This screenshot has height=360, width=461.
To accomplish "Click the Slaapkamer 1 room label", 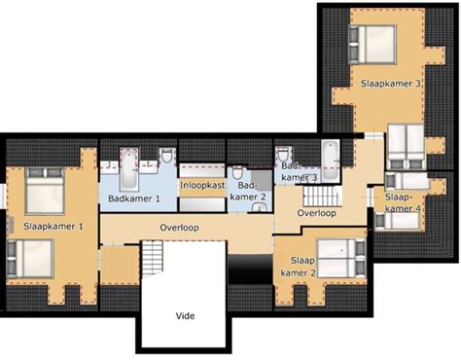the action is [x=53, y=226].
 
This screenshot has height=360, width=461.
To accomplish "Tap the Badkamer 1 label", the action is [x=134, y=198].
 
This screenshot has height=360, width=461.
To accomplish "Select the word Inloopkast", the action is [x=202, y=186].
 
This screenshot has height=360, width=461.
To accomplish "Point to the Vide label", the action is [x=185, y=315].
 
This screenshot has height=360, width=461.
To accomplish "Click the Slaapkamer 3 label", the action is [x=391, y=84].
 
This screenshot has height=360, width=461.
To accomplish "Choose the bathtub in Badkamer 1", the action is [x=129, y=169].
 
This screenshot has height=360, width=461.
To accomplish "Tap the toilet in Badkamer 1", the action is [x=167, y=156].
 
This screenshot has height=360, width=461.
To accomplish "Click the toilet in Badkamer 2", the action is [x=237, y=173].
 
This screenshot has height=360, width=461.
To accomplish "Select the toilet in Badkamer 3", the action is [x=283, y=154].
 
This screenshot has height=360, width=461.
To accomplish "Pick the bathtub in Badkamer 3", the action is [x=331, y=161].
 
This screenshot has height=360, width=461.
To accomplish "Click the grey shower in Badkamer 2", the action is [x=262, y=179].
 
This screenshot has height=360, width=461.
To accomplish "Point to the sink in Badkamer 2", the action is [x=259, y=207].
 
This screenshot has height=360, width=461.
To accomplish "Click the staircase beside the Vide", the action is [x=152, y=259].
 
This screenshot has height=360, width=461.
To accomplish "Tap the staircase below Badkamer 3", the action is [x=322, y=196].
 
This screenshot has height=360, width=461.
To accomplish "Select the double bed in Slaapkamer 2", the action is [x=341, y=259].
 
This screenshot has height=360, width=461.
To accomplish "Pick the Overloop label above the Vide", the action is [x=179, y=228].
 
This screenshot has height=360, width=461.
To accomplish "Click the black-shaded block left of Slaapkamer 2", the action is [x=250, y=269].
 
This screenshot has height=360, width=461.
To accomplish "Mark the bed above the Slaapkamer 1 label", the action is [x=45, y=191].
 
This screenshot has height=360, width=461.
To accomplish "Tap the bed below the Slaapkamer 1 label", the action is [x=30, y=259].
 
